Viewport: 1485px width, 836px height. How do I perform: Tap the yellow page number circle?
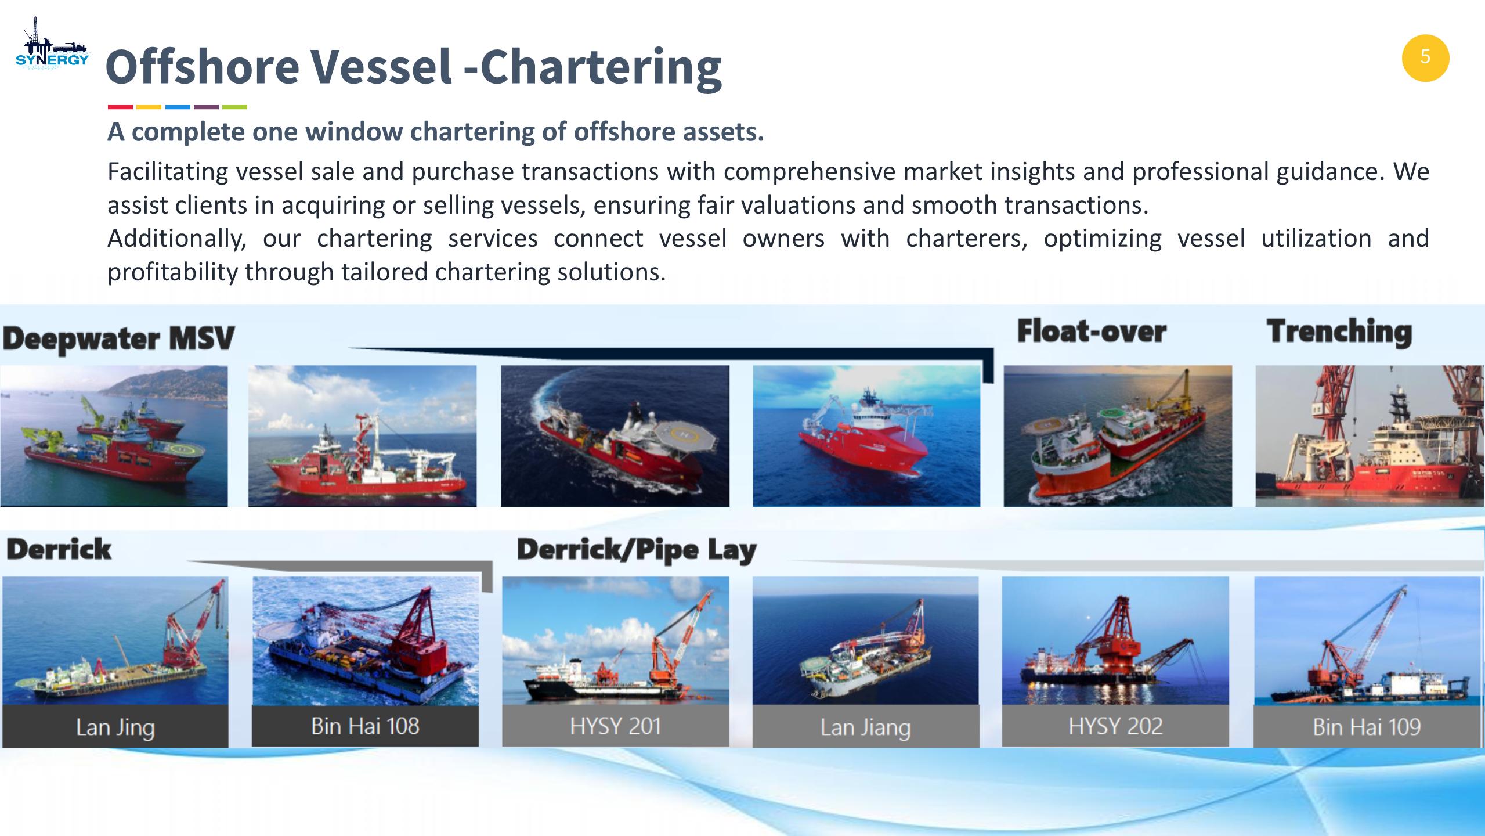tap(1425, 57)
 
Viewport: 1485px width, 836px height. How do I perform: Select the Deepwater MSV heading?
tap(119, 338)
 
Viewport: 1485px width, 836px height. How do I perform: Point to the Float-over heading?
tap(1092, 331)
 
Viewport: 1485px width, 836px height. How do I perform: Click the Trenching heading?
tap(1339, 332)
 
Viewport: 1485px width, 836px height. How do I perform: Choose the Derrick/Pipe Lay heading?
tap(637, 550)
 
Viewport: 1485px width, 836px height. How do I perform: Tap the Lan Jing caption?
tap(115, 727)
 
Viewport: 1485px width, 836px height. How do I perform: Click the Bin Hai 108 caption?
tap(365, 726)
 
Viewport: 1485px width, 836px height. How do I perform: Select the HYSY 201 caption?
tap(615, 726)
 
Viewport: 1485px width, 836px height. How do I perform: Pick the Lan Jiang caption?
tap(865, 727)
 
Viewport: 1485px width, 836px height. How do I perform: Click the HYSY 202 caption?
tap(1115, 726)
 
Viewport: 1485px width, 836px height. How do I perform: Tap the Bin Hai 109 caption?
tap(1367, 727)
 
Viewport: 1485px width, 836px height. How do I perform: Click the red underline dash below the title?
tap(120, 107)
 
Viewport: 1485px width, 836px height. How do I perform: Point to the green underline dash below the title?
tap(234, 107)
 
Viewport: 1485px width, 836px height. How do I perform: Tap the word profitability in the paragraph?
tap(171, 272)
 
